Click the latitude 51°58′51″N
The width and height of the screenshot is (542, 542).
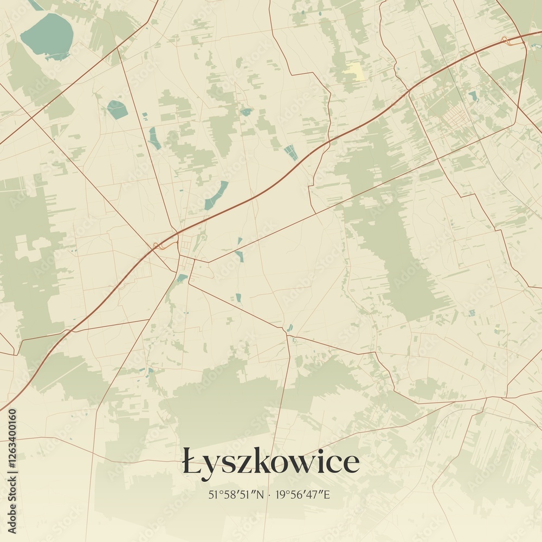pyautogui.click(x=235, y=494)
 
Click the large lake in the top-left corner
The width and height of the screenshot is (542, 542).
pyautogui.click(x=47, y=36)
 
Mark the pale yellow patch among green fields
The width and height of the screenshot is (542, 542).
pyautogui.click(x=356, y=72)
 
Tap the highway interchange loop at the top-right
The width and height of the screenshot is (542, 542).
pyautogui.click(x=505, y=40)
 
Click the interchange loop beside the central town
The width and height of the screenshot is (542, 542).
pyautogui.click(x=158, y=247)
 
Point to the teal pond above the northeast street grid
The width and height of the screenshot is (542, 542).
pyautogui.click(x=473, y=96)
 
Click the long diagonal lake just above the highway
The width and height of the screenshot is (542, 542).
pyautogui.click(x=216, y=195)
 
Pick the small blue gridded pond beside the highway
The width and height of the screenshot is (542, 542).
pyautogui.click(x=292, y=153)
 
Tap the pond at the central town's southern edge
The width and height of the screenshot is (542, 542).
pyautogui.click(x=182, y=278)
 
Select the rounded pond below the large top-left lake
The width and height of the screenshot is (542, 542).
pyautogui.click(x=117, y=109)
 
